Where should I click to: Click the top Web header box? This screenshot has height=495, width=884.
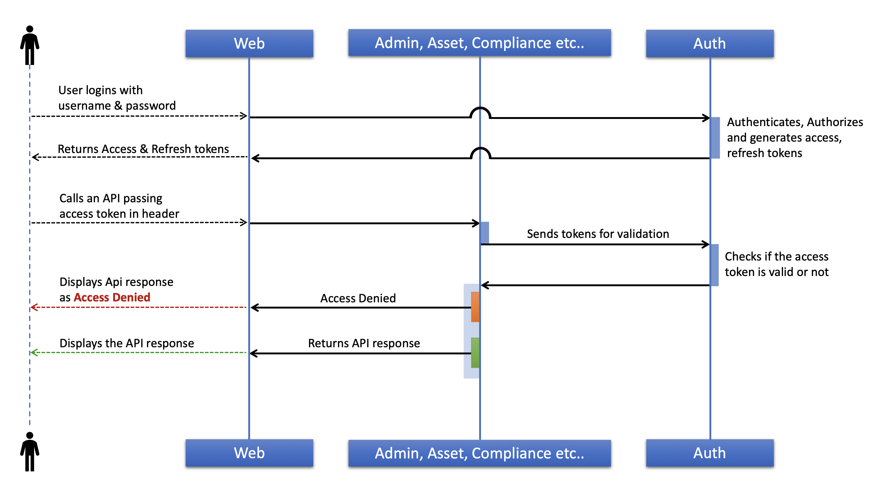[249, 43]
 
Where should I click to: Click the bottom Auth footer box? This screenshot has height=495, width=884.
[709, 453]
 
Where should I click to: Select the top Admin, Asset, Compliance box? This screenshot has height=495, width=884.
[479, 43]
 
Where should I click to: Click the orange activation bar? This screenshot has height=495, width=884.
[475, 307]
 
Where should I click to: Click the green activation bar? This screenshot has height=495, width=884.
[475, 353]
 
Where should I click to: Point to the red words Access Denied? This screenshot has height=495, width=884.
[112, 297]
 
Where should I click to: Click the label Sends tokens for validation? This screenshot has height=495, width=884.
[598, 234]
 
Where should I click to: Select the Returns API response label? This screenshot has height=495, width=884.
[364, 343]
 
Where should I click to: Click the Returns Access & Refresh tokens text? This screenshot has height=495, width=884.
[143, 149]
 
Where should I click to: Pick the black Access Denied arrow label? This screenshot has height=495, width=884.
[358, 298]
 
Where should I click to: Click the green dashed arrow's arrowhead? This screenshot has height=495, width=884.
[34, 353]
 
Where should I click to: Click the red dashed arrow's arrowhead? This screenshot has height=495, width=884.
[34, 307]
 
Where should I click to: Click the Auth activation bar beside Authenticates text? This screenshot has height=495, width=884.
[715, 138]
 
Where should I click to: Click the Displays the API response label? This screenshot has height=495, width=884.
[127, 343]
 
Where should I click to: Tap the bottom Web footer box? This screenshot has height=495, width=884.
[249, 453]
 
